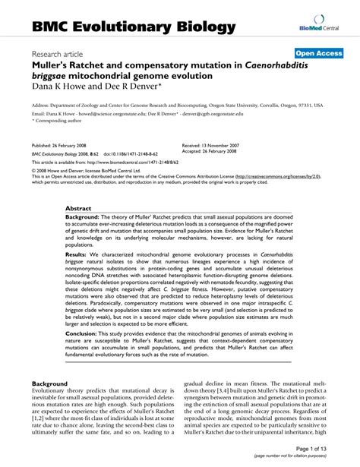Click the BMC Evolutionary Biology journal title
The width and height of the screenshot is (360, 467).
click(133, 27)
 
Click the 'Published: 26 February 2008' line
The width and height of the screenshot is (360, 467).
click(66, 145)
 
